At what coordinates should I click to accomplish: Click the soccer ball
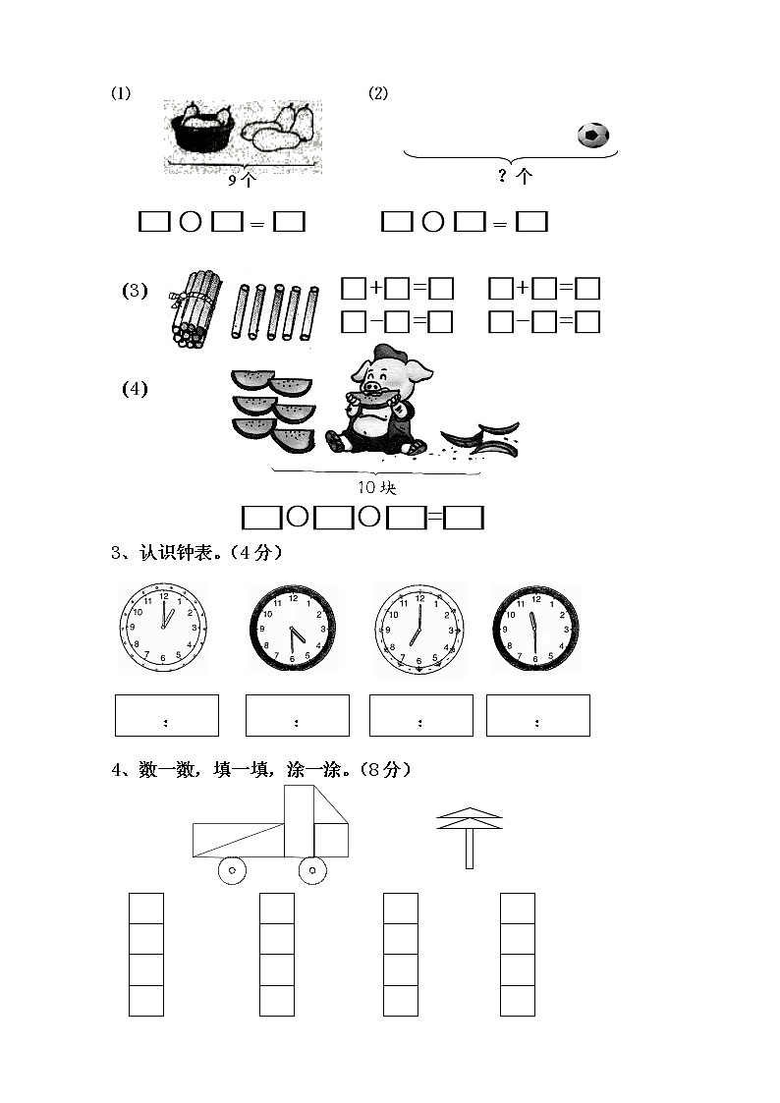click(592, 135)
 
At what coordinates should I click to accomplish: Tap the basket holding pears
click(202, 132)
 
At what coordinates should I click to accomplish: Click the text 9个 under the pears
click(242, 180)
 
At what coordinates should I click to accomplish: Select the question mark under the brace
click(502, 176)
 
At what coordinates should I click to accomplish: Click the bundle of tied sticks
click(195, 307)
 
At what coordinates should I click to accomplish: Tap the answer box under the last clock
click(537, 715)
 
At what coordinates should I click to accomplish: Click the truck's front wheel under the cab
click(312, 869)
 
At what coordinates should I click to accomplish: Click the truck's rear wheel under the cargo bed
click(232, 869)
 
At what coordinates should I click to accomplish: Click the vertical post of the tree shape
click(470, 849)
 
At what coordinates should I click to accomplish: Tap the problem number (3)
click(135, 291)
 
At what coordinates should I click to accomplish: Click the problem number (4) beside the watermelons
click(135, 389)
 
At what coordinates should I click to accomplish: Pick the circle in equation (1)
click(191, 223)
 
